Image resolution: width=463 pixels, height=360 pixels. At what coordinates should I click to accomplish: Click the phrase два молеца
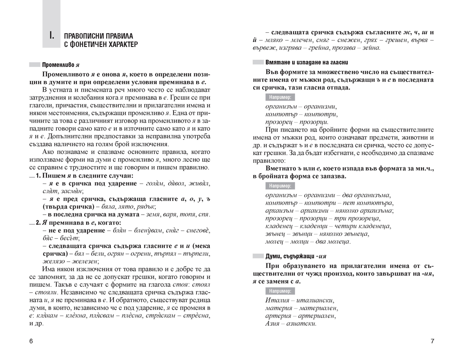click(x=334, y=242)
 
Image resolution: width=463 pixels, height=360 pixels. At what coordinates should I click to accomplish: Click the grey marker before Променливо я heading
click(x=34, y=65)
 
